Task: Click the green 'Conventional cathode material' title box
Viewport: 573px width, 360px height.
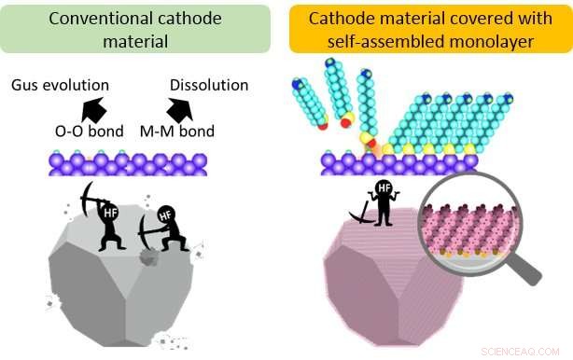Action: pos(139,27)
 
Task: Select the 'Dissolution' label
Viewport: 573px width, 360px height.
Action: pos(209,86)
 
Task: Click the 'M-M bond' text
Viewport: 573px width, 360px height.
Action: pos(182,132)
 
